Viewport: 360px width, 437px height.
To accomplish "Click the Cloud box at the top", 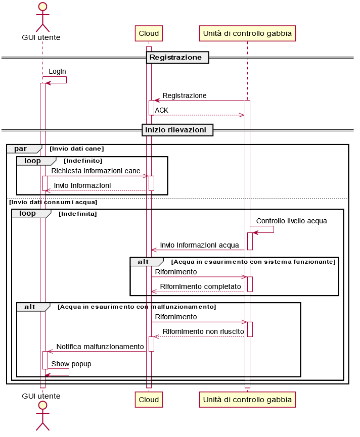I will [x=149, y=34].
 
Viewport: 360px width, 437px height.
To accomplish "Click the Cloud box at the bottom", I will [x=149, y=400].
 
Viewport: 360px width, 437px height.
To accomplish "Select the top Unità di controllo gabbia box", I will [x=247, y=34].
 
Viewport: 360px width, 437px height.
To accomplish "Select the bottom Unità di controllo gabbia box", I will [x=247, y=400].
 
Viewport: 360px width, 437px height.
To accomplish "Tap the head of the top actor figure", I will [x=42, y=7].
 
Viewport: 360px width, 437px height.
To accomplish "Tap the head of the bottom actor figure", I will [x=42, y=405].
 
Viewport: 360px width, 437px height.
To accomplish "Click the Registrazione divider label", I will [x=175, y=58].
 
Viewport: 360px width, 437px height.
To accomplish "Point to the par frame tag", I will [x=21, y=149].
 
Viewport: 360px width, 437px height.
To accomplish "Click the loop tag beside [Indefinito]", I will [x=32, y=161].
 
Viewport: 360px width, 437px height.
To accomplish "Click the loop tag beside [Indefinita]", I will [x=27, y=214].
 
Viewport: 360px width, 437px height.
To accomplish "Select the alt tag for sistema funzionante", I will [x=144, y=262].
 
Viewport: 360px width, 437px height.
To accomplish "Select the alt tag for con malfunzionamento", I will [x=30, y=307].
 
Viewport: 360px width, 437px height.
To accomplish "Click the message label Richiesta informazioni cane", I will [x=96, y=171].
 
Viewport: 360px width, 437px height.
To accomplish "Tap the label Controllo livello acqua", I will [x=291, y=221].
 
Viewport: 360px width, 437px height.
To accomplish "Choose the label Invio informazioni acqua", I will [x=199, y=246].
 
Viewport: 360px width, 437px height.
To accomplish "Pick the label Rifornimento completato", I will [x=200, y=286].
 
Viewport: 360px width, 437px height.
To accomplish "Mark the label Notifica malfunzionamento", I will [x=100, y=347].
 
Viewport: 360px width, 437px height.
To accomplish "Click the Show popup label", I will [x=71, y=364].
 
